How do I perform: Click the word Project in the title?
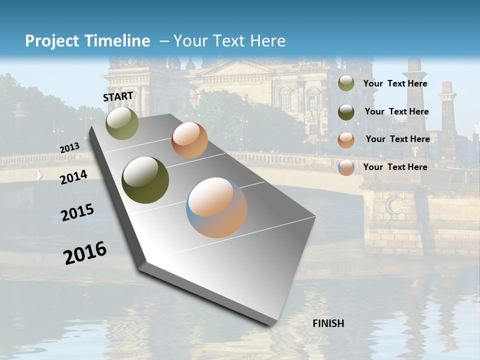[52, 41]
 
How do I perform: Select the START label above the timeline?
[118, 96]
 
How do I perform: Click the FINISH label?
[328, 323]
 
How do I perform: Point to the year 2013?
[69, 148]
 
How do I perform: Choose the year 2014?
[73, 177]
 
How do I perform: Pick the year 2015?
[77, 212]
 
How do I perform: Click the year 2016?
[85, 253]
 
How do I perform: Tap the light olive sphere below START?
[122, 123]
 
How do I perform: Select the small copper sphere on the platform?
[189, 140]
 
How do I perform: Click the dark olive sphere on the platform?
[145, 180]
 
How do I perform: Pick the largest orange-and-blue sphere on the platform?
[216, 207]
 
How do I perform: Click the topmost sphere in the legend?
[346, 83]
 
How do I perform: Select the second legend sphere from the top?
[346, 112]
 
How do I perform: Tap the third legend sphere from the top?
[346, 139]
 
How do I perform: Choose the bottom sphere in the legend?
[346, 167]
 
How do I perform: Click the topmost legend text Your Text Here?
[395, 84]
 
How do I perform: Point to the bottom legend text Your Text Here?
[395, 167]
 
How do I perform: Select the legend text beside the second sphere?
[396, 112]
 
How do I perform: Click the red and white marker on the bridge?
[38, 175]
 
